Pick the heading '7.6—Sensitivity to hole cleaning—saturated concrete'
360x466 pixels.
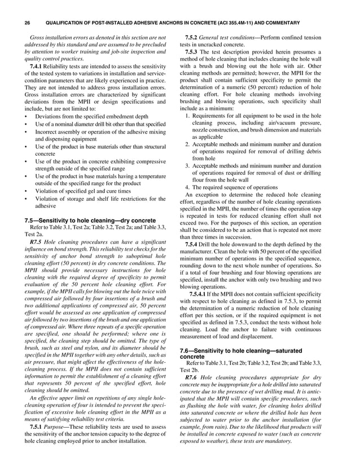[x=254, y=353]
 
